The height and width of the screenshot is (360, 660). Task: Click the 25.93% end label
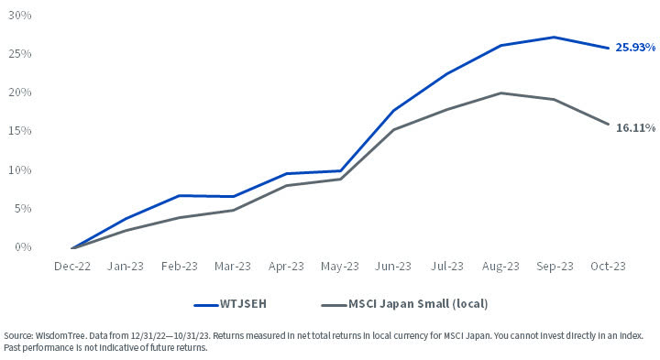coord(635,47)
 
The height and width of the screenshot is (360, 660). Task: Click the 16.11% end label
coord(635,128)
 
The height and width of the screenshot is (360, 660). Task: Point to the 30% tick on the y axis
coord(20,16)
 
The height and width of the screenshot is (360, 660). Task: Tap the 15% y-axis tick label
coord(20,131)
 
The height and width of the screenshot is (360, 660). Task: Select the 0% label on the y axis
coord(23,247)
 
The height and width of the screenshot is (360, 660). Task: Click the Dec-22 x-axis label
coord(71,267)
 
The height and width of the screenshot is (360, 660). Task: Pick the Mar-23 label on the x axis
coord(232,267)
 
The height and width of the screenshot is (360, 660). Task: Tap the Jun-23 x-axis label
coord(393,267)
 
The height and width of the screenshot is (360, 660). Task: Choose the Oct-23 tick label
coord(607,267)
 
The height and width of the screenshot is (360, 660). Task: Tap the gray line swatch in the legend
coord(335,304)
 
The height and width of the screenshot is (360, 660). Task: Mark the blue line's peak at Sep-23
coord(554,38)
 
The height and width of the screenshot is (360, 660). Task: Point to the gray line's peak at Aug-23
coord(500,93)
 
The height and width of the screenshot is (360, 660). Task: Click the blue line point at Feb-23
coord(179,195)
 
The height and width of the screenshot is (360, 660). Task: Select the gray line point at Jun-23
coord(393,129)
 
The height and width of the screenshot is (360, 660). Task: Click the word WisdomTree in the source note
coord(58,336)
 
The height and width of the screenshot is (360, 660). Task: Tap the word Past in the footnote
coord(14,348)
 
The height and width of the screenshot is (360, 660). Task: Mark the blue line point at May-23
coord(340,170)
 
